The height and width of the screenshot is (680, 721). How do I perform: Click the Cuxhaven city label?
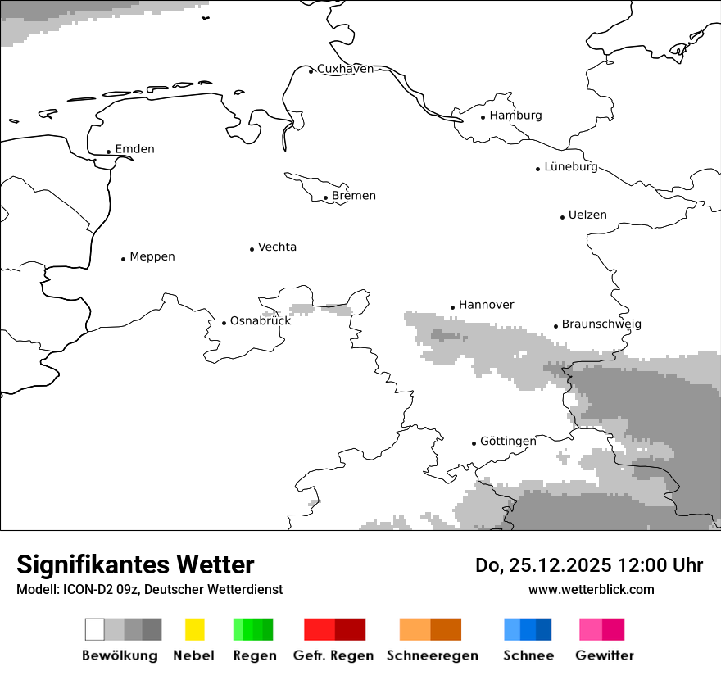point(345,69)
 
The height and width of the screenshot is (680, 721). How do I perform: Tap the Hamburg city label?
point(515,116)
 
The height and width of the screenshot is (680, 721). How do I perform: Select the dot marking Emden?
point(108,152)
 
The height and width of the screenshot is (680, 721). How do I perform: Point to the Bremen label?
point(354,196)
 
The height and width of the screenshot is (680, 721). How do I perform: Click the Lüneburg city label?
point(571,167)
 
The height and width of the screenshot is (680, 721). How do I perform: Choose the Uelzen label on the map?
point(587,215)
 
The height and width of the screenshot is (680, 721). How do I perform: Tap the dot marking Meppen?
point(123,259)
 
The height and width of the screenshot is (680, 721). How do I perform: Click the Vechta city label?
point(277,247)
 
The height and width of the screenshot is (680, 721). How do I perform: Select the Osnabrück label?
point(261,321)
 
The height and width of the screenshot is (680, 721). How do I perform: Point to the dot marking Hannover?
point(452,307)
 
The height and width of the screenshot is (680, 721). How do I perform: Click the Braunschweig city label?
point(601,324)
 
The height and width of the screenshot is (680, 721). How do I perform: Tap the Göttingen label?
point(508,442)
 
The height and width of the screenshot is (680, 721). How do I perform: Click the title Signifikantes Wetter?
point(135,564)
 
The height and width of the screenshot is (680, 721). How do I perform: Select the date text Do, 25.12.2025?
point(547,565)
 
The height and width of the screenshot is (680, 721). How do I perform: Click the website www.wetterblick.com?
point(591,589)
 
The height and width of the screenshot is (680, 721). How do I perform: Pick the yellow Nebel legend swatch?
point(194,629)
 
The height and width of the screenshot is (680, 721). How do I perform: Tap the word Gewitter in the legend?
point(605,655)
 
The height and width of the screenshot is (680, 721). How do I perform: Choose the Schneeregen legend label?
point(433,655)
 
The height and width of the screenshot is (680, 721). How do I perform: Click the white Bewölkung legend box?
point(95,629)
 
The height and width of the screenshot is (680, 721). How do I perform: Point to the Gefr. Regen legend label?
point(333,655)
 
